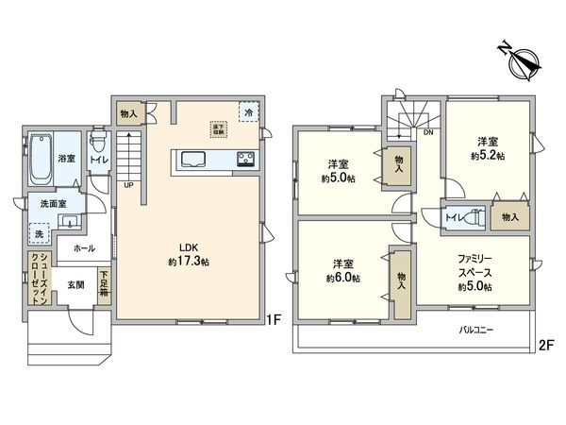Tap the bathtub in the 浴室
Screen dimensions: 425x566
pyautogui.click(x=42, y=161)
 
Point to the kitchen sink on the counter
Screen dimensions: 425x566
pyautogui.click(x=188, y=159)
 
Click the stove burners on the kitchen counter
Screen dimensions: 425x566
pyautogui.click(x=245, y=159)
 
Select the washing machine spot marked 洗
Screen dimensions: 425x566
pyautogui.click(x=39, y=233)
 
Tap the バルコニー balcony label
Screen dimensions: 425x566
pyautogui.click(x=479, y=331)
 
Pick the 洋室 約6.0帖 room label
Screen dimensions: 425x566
pyautogui.click(x=342, y=270)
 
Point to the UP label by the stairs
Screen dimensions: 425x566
pyautogui.click(x=127, y=185)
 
